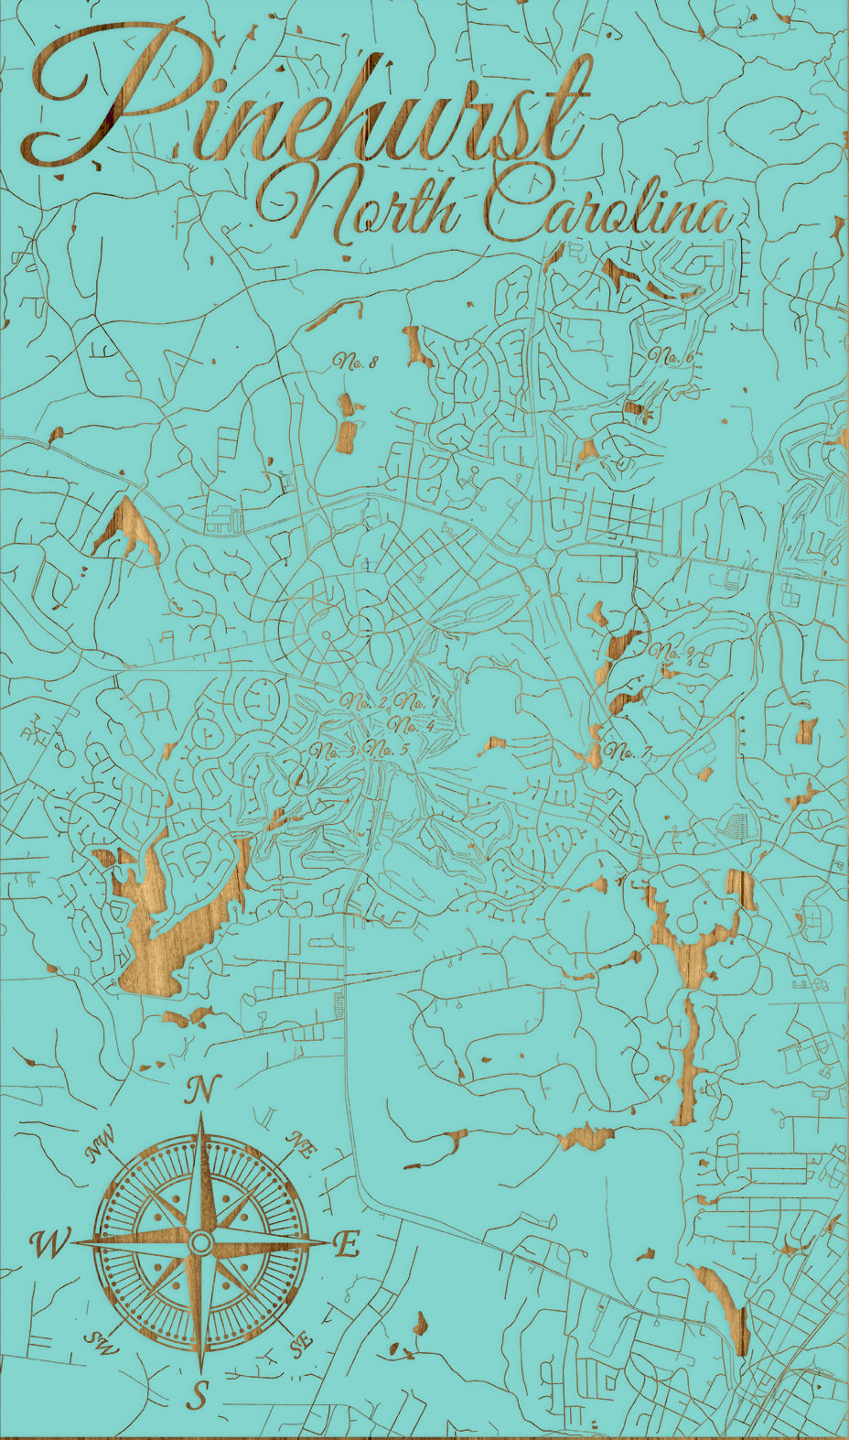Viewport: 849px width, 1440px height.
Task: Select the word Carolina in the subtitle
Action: [x=608, y=209]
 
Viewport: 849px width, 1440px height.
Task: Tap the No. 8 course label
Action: [x=356, y=362]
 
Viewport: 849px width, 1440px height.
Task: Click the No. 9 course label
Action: [x=676, y=652]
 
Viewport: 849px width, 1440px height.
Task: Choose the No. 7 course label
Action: [x=629, y=752]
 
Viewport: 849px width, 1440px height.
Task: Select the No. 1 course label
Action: [x=418, y=703]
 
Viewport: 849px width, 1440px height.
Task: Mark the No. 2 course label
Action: [x=365, y=702]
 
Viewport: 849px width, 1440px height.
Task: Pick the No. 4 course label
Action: [x=411, y=726]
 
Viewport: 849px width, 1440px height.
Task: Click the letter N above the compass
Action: [x=202, y=1090]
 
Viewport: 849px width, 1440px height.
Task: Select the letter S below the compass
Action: [x=199, y=1395]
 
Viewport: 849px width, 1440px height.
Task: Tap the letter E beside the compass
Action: [x=346, y=1244]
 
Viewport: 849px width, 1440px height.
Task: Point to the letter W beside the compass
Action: [x=49, y=1244]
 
